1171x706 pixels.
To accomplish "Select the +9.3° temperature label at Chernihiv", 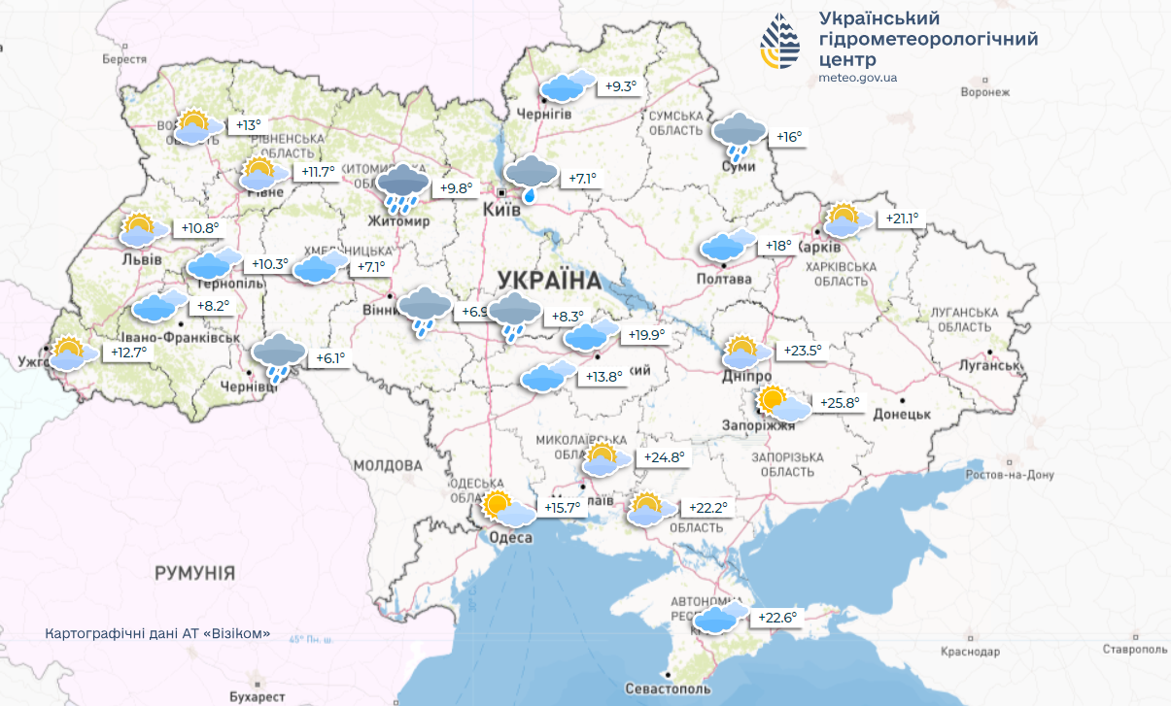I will click(x=621, y=87).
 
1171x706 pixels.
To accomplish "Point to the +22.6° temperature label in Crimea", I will click(x=778, y=618).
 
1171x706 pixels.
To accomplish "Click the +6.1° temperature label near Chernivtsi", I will click(x=330, y=358).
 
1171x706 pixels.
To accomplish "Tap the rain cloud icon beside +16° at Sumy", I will click(x=740, y=134).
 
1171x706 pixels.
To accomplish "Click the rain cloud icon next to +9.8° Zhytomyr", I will click(x=402, y=187).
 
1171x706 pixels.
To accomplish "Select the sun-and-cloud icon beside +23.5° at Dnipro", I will click(x=746, y=353).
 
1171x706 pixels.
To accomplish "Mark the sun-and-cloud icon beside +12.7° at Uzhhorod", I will click(x=72, y=353).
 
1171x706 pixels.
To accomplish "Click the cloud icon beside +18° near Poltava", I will click(x=729, y=245).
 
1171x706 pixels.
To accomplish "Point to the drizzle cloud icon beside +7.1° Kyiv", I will click(x=532, y=178).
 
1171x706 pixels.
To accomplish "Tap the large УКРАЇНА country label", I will click(x=549, y=280).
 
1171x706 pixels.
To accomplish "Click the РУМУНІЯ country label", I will click(x=194, y=573).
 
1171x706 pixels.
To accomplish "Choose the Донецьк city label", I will click(x=902, y=414).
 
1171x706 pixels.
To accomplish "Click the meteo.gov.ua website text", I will click(x=858, y=78).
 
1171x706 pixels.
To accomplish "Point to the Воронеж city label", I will click(x=985, y=92).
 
